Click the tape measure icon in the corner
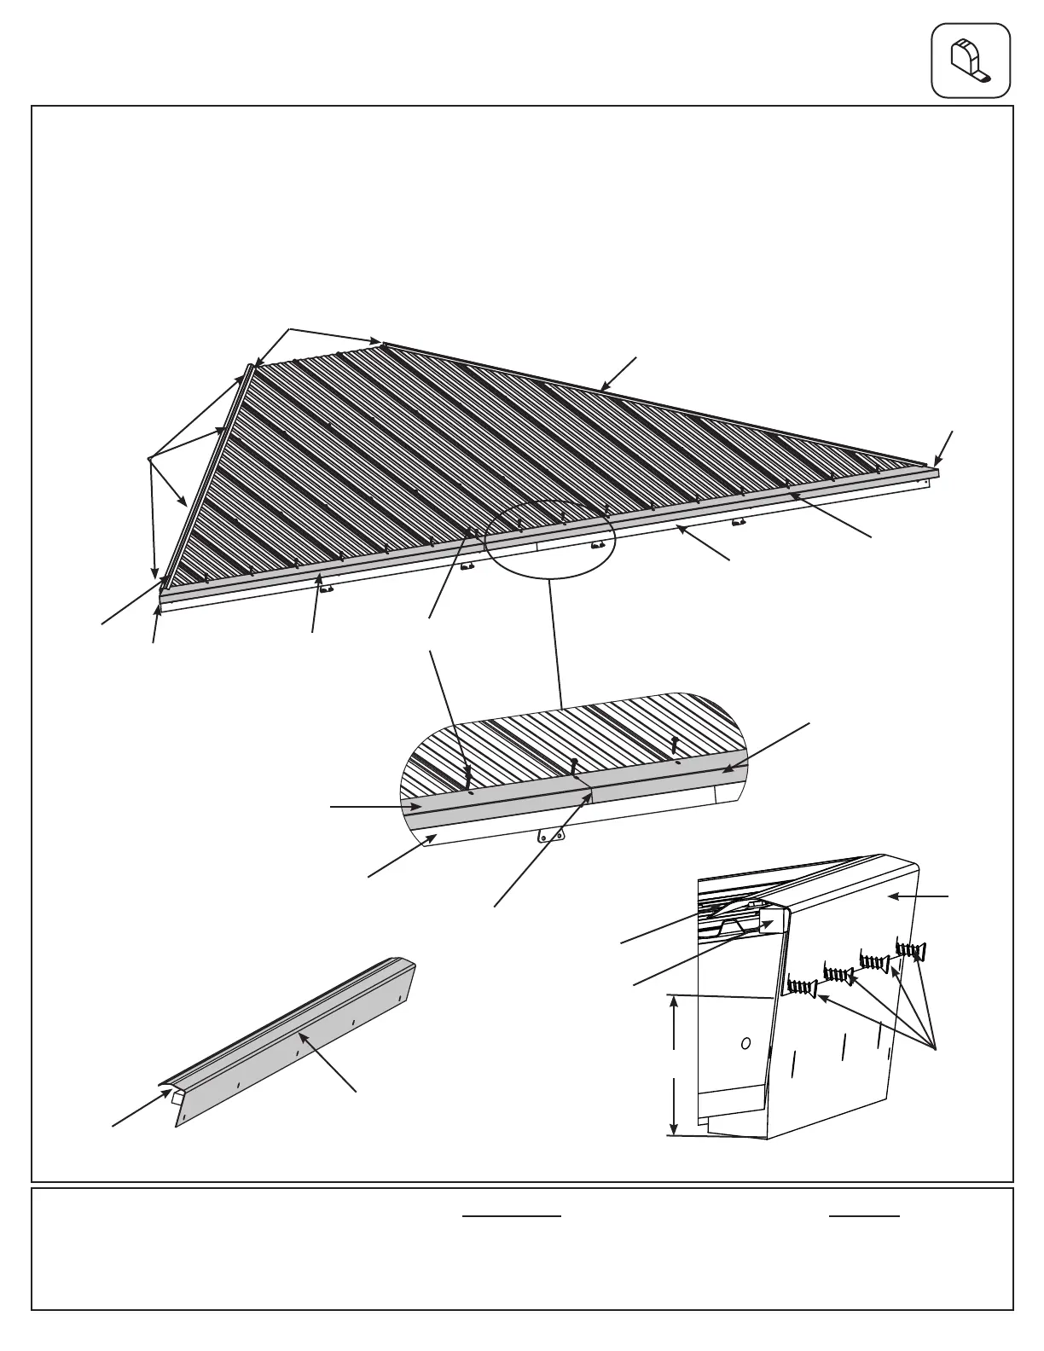tap(971, 60)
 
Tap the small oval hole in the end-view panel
tap(746, 1042)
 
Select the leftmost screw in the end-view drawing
tap(802, 987)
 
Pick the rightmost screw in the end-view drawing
tap(911, 949)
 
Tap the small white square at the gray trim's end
tap(177, 1099)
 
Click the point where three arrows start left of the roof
tap(149, 459)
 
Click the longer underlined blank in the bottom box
tap(512, 1215)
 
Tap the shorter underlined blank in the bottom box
tap(864, 1215)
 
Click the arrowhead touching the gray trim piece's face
tap(300, 1035)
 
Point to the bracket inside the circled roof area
tap(598, 543)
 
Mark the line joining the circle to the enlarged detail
tap(554, 640)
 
